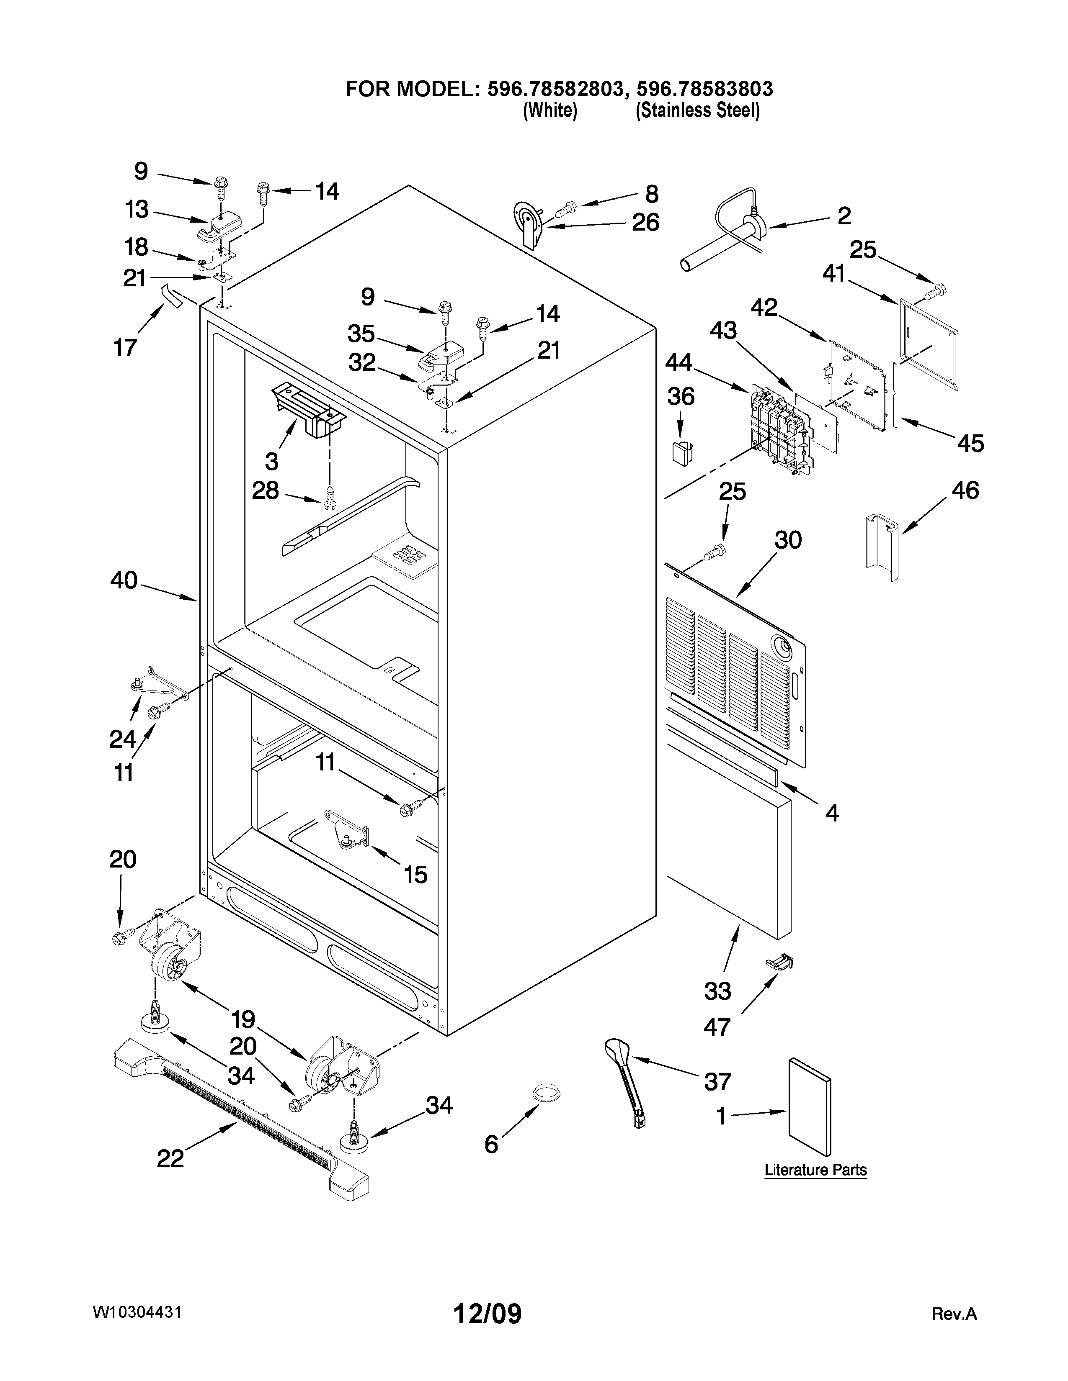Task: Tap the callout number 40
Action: [x=124, y=580]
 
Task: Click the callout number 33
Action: [x=717, y=991]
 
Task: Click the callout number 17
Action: [x=125, y=347]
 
